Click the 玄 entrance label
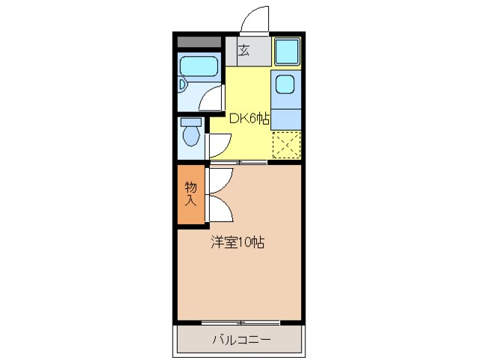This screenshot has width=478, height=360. (243, 52)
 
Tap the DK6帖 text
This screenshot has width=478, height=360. (249, 118)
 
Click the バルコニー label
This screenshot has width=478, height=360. (240, 340)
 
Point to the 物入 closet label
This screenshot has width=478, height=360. (190, 193)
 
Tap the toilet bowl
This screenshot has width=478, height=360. (191, 137)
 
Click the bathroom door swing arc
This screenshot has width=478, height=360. (213, 97)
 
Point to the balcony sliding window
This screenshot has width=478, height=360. (240, 323)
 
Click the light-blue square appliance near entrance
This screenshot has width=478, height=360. (286, 51)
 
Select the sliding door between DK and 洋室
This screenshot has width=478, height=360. (238, 161)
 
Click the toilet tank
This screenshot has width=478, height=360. (191, 122)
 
